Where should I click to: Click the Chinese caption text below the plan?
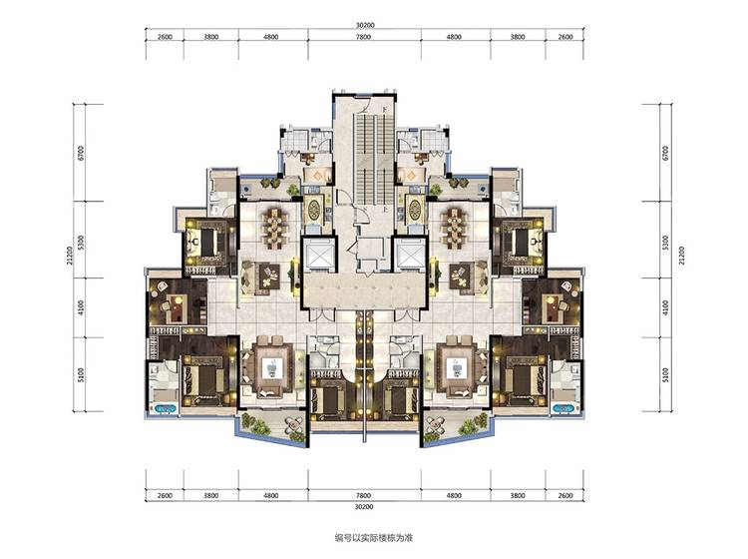tap(374, 538)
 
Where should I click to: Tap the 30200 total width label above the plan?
tap(364, 25)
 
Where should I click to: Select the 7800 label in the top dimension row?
tap(363, 37)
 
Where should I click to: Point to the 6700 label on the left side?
tap(81, 153)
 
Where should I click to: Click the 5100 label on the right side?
tap(666, 374)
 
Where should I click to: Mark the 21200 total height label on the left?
tap(70, 255)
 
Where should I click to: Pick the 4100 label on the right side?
tap(666, 306)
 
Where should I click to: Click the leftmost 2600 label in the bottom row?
tap(165, 495)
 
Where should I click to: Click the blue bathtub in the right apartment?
tap(564, 408)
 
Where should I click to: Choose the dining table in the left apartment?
tap(275, 229)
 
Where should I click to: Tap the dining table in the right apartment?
tap(454, 229)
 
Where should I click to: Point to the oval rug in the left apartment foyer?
tap(314, 209)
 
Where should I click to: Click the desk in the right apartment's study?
tap(554, 306)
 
